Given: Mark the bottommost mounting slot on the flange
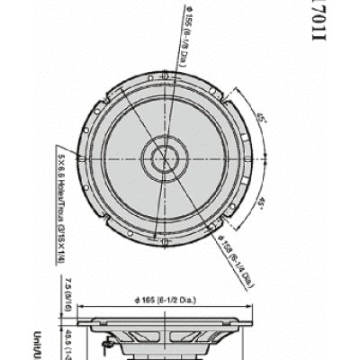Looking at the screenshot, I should [x=163, y=241].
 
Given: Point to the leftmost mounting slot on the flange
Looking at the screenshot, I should [x=81, y=159].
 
